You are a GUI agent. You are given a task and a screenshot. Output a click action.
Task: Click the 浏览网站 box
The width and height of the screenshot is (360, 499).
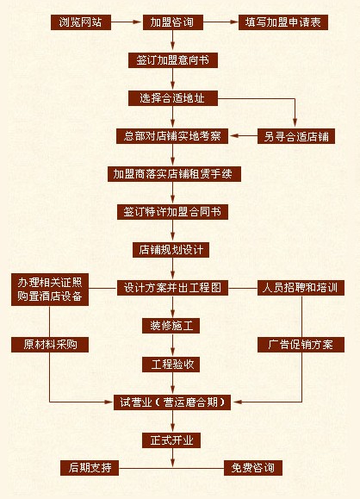pyautogui.click(x=81, y=22)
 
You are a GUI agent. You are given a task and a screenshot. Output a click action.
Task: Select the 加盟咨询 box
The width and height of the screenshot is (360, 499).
pyautogui.click(x=173, y=22)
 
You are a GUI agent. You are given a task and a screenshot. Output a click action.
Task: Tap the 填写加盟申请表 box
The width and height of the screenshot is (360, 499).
pyautogui.click(x=283, y=22)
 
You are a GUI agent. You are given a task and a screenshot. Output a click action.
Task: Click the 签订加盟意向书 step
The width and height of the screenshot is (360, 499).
pyautogui.click(x=173, y=60)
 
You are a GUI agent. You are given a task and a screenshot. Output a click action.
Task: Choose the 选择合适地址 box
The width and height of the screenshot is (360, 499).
pyautogui.click(x=173, y=98)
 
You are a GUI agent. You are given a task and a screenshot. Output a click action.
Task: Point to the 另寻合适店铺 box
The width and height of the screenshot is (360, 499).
pyautogui.click(x=296, y=136)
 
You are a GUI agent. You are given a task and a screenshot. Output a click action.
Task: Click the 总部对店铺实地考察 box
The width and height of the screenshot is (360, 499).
pyautogui.click(x=172, y=136)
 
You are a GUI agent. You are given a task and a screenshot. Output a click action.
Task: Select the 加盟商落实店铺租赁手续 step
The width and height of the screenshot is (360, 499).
pyautogui.click(x=174, y=174)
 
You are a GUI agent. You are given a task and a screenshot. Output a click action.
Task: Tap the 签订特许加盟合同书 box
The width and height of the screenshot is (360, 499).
pyautogui.click(x=172, y=212)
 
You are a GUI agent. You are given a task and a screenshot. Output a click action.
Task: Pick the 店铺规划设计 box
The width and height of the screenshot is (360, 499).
pyautogui.click(x=171, y=250)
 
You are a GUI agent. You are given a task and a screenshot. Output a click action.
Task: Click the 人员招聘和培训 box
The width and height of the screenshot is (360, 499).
pyautogui.click(x=301, y=288)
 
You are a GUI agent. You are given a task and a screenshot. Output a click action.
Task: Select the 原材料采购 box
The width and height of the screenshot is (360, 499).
pyautogui.click(x=50, y=345)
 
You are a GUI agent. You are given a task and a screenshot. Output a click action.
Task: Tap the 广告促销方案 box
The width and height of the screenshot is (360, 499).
pyautogui.click(x=301, y=345)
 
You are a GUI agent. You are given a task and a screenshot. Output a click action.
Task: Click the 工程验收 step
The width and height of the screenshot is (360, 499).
pyautogui.click(x=171, y=365)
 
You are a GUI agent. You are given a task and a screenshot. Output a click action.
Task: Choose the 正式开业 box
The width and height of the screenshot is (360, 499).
pyautogui.click(x=171, y=440)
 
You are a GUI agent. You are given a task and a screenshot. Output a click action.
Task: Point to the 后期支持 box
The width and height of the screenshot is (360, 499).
pyautogui.click(x=90, y=468)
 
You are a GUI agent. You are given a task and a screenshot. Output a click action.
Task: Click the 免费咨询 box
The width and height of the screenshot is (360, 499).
pyautogui.click(x=253, y=468)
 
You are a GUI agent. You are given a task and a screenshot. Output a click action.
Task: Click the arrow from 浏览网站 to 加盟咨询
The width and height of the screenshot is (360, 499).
pyautogui.click(x=126, y=22)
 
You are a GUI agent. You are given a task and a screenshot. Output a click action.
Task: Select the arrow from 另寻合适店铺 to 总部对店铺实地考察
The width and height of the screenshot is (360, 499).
pyautogui.click(x=244, y=136)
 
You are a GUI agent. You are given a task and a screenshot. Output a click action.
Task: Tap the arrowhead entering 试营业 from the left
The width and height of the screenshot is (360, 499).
pyautogui.click(x=109, y=402)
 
